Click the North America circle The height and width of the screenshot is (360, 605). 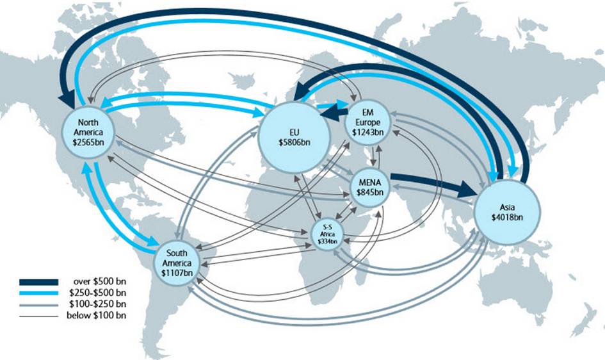[88, 131]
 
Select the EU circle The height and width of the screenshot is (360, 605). [294, 136]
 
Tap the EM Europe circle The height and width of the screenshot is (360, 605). [367, 124]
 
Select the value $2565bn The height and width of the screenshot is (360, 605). [88, 142]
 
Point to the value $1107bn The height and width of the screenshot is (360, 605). [177, 273]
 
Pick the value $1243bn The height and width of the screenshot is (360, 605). [367, 132]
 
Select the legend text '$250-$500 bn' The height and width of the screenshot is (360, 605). [97, 293]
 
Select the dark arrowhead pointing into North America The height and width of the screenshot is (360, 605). [67, 101]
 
